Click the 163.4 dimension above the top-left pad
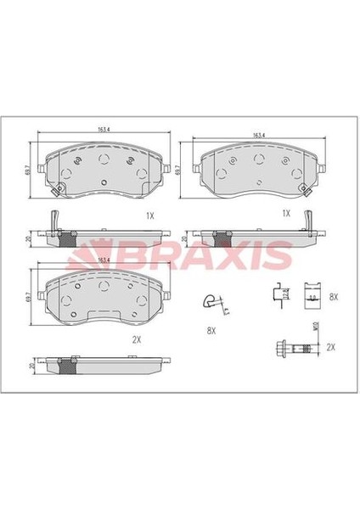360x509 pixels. pyautogui.click(x=102, y=130)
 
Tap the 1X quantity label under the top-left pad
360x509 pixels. pyautogui.click(x=150, y=215)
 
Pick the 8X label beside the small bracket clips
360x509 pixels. pyautogui.click(x=333, y=298)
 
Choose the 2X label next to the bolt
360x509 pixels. pyautogui.click(x=331, y=348)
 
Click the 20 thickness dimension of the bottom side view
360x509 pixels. pyautogui.click(x=31, y=366)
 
